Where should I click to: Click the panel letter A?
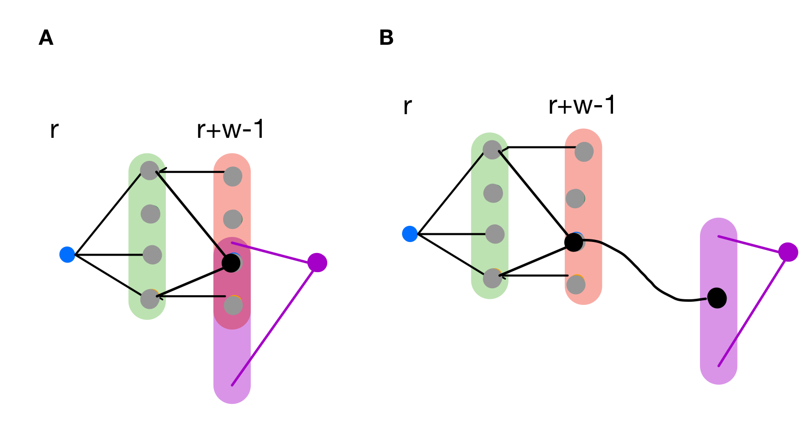tap(46, 38)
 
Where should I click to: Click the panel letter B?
tap(386, 38)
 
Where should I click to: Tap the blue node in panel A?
tap(67, 255)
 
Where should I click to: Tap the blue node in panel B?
tap(410, 234)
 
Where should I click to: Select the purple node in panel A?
tap(317, 262)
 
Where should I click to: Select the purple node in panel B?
tap(788, 251)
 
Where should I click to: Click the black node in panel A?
tap(231, 263)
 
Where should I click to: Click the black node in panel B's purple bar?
tap(717, 298)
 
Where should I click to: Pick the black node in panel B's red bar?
tap(573, 242)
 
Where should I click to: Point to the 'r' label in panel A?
tap(54, 130)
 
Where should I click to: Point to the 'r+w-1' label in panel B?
tap(582, 106)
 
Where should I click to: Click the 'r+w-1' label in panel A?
tap(230, 130)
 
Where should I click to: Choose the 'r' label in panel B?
tap(408, 107)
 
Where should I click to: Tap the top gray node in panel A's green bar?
tap(149, 171)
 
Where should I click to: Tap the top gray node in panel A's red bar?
tap(233, 177)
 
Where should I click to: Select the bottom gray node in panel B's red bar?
tap(576, 285)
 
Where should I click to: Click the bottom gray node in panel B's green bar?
tap(492, 278)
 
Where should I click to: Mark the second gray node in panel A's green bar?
tap(150, 214)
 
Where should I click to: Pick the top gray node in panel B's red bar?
tap(584, 151)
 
